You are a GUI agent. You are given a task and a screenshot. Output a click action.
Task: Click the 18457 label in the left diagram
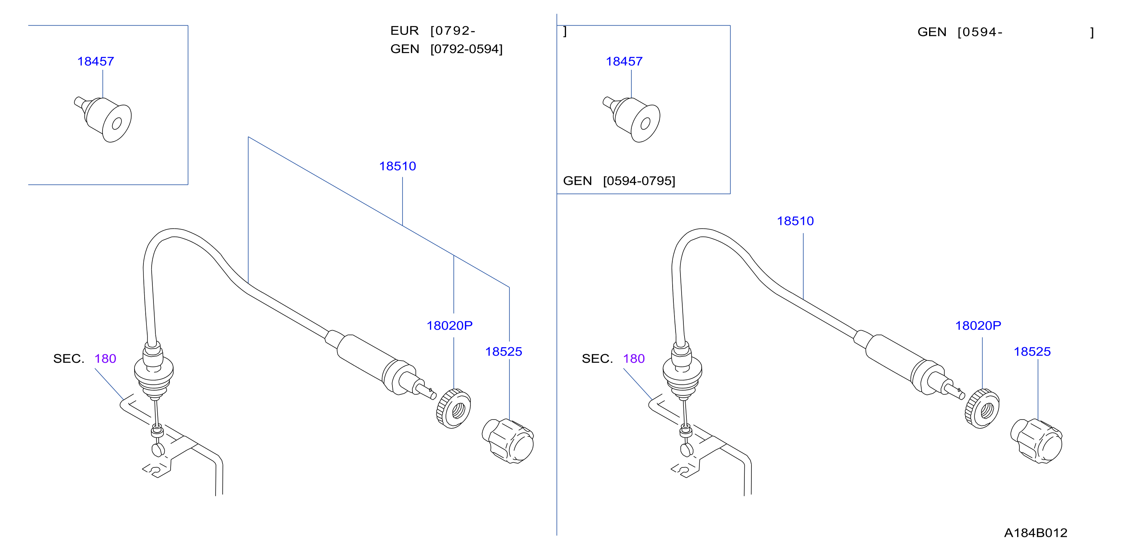(x=96, y=61)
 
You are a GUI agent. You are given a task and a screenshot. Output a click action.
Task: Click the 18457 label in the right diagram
(x=624, y=61)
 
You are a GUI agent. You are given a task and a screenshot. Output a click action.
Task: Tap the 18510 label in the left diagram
(x=398, y=166)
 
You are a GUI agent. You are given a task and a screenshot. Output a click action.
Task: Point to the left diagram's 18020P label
(x=450, y=325)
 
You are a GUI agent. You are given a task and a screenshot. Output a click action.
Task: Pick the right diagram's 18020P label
(x=978, y=325)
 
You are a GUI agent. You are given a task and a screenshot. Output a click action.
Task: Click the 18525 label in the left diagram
(x=504, y=351)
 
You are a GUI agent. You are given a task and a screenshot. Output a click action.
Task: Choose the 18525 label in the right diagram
(x=1032, y=351)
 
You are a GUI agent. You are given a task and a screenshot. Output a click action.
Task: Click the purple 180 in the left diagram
(x=105, y=359)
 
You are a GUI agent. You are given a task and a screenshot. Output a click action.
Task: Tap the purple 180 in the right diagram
(x=634, y=359)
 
